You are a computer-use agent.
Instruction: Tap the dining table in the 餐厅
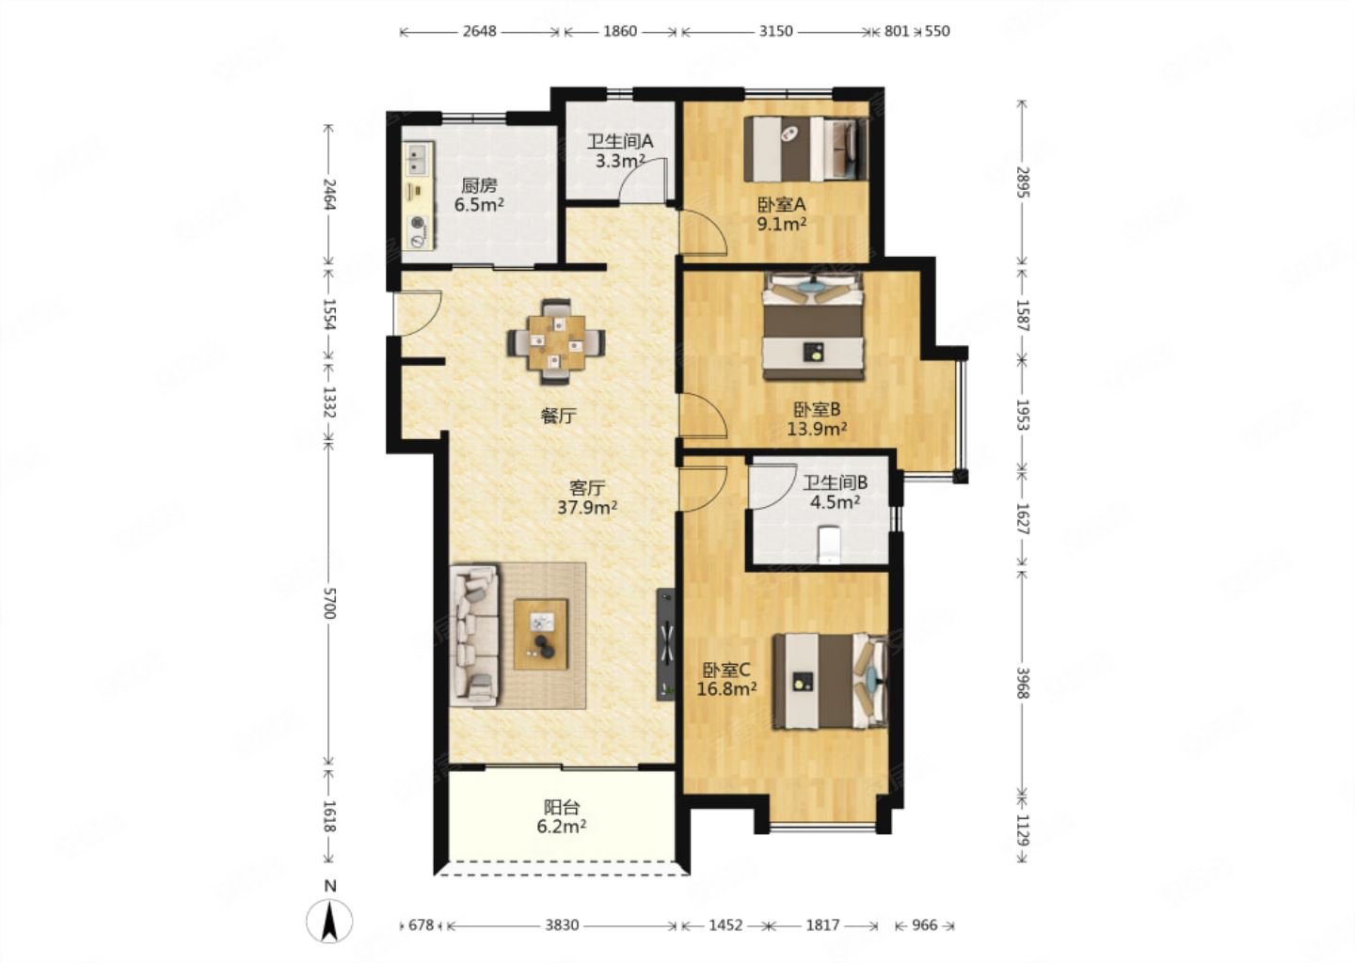pyautogui.click(x=556, y=342)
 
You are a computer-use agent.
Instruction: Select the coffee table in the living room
pyautogui.click(x=541, y=634)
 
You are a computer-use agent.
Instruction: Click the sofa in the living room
pyautogui.click(x=474, y=636)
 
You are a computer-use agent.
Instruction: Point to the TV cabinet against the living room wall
pyautogui.click(x=666, y=644)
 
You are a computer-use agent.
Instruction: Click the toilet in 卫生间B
pyautogui.click(x=828, y=545)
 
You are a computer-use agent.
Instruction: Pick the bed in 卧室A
pyautogui.click(x=805, y=149)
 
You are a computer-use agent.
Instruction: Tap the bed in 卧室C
pyautogui.click(x=831, y=681)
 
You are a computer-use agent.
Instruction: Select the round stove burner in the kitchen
pyautogui.click(x=418, y=223)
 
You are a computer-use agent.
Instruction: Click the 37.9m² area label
pyautogui.click(x=587, y=507)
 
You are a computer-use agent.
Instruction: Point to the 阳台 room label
pyautogui.click(x=562, y=807)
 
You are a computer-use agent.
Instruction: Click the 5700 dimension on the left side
pyautogui.click(x=328, y=603)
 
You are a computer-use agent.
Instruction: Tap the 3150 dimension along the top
pyautogui.click(x=776, y=31)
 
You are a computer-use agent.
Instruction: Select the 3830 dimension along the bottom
pyautogui.click(x=562, y=925)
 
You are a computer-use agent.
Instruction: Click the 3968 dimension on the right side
pyautogui.click(x=1022, y=683)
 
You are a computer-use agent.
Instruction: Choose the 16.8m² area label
pyautogui.click(x=726, y=688)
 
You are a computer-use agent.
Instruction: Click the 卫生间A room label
pyautogui.click(x=620, y=141)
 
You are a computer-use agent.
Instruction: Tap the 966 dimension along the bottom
pyautogui.click(x=924, y=925)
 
